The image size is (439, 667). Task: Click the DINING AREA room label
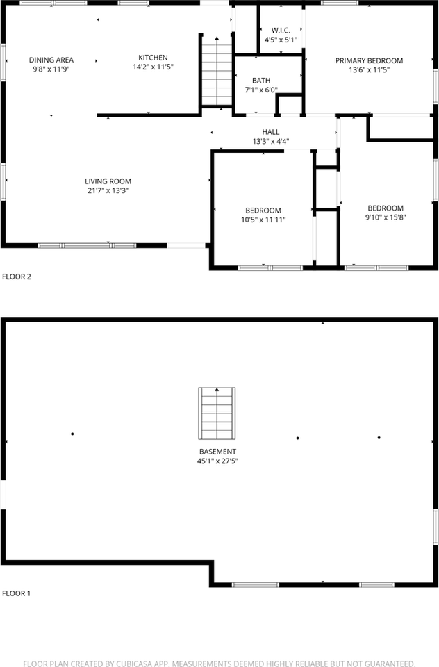(x=51, y=60)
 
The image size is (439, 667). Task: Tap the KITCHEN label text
(x=153, y=58)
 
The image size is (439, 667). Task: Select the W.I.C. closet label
(x=281, y=31)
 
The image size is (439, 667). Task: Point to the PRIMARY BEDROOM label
(x=369, y=60)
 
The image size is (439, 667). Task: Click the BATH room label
(x=261, y=81)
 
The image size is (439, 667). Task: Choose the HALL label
(x=271, y=132)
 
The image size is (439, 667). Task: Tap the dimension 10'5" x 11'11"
(x=263, y=220)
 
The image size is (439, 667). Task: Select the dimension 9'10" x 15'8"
(x=386, y=217)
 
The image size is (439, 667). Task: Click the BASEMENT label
(x=218, y=452)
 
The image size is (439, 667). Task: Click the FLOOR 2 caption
(x=17, y=277)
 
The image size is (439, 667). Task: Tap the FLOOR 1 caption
(x=17, y=593)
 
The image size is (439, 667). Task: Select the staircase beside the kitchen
(x=217, y=71)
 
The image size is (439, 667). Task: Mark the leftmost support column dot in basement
(x=72, y=434)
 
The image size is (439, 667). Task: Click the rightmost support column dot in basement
(x=379, y=438)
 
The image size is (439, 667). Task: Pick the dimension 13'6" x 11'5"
(x=369, y=69)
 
